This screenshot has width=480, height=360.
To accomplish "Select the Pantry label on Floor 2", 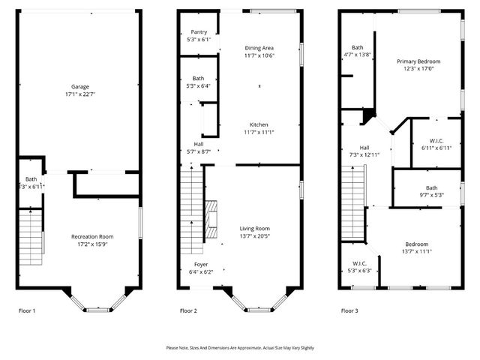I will [x=199, y=31].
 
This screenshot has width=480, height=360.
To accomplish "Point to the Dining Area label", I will [x=259, y=48].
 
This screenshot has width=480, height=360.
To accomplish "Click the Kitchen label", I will [x=259, y=124].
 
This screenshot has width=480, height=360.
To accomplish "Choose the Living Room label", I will [x=254, y=228].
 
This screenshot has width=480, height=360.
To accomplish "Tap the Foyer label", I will [x=201, y=264].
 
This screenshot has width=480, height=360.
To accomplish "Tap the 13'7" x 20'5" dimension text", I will [x=254, y=236].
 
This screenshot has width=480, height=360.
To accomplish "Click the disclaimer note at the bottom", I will [x=240, y=347].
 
